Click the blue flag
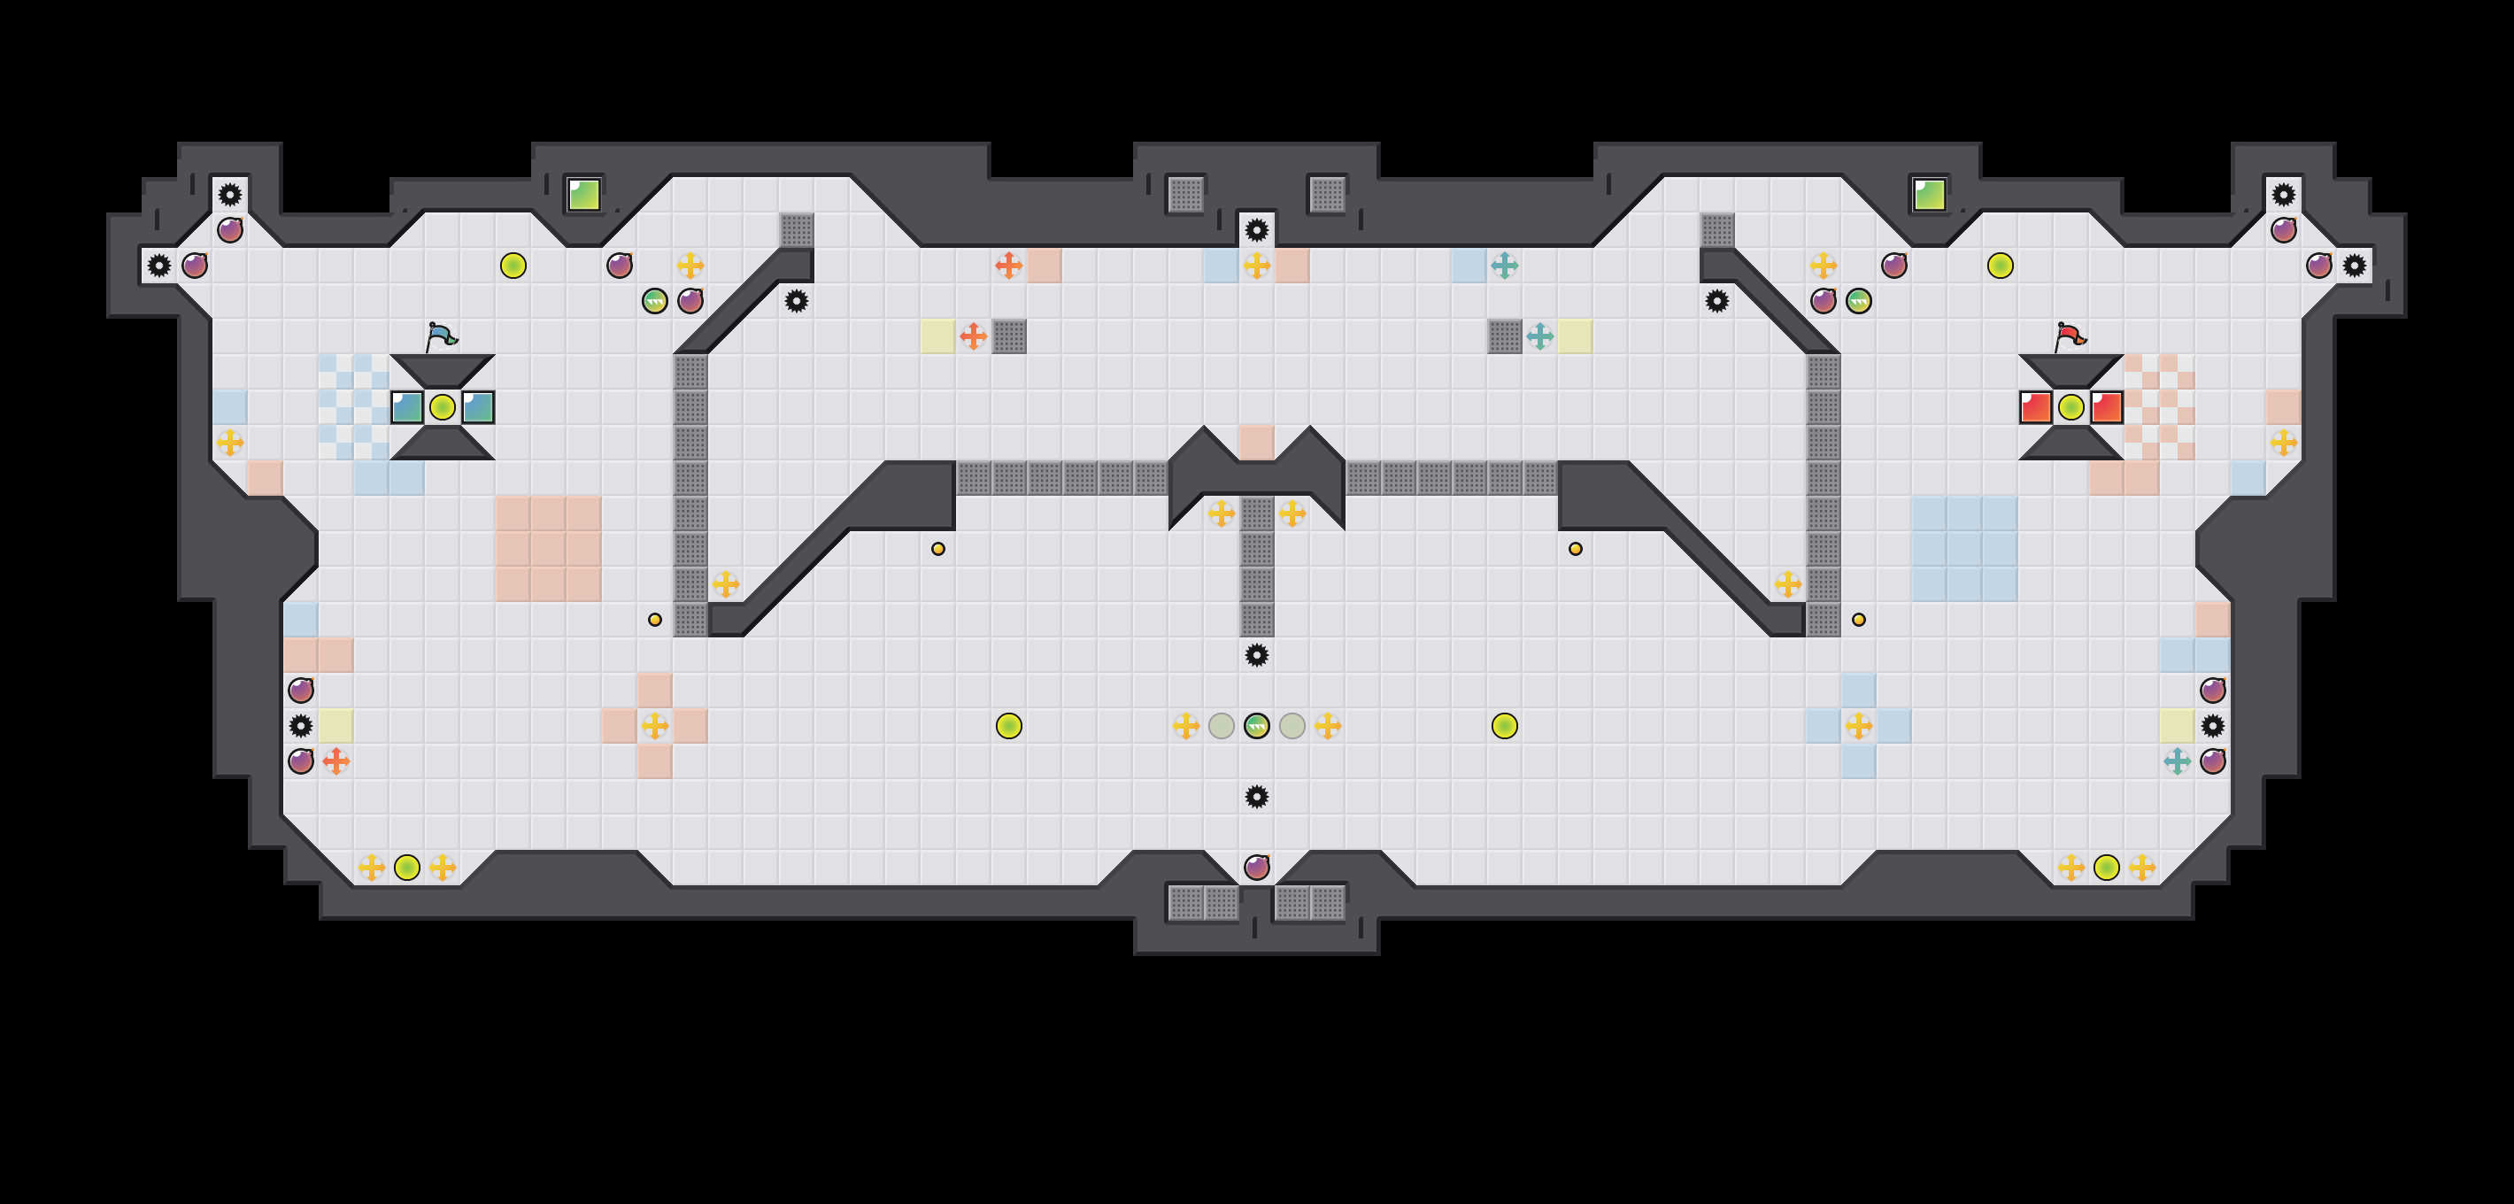(441, 336)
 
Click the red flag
(2069, 336)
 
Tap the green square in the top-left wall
(583, 194)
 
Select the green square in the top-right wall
(1929, 194)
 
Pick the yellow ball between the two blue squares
(442, 407)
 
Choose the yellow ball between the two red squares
(2071, 407)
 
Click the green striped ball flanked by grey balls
(1257, 726)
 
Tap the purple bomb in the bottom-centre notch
(1257, 868)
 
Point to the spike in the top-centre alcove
(1257, 230)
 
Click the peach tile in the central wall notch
(1257, 442)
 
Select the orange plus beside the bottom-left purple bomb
(335, 761)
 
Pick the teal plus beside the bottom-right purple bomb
(2178, 761)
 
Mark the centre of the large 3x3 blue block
(1963, 548)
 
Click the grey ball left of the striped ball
(1222, 726)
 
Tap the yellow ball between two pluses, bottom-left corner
(407, 868)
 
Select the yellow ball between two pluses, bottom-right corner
(2106, 868)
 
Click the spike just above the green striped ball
(1257, 655)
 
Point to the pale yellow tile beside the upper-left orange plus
(937, 336)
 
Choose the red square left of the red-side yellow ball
(2035, 407)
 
